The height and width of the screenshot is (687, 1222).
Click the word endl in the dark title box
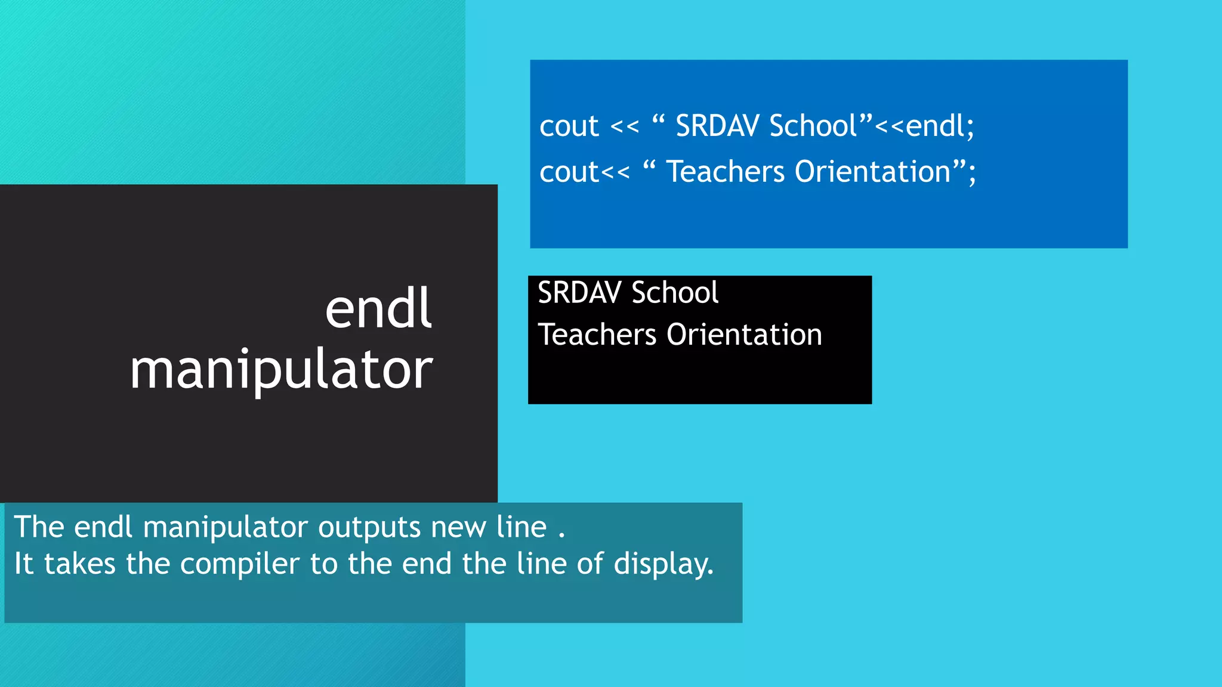pyautogui.click(x=378, y=309)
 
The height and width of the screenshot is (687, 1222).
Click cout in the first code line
pyautogui.click(x=569, y=126)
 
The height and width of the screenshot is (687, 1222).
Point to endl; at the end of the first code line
pyautogui.click(x=940, y=126)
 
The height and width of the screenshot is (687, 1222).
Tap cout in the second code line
pyautogui.click(x=569, y=172)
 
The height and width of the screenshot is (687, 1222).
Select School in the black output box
pyautogui.click(x=675, y=293)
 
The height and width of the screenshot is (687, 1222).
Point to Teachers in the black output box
pyautogui.click(x=597, y=335)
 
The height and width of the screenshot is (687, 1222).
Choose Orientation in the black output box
pyautogui.click(x=744, y=335)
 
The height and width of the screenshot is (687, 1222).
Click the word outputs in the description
pyautogui.click(x=370, y=528)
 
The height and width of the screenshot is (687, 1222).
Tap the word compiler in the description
pyautogui.click(x=239, y=565)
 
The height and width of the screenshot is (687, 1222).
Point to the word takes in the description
pyautogui.click(x=79, y=564)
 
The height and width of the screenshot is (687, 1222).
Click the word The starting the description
pyautogui.click(x=39, y=527)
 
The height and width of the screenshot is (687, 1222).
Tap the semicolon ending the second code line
pyautogui.click(x=973, y=174)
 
